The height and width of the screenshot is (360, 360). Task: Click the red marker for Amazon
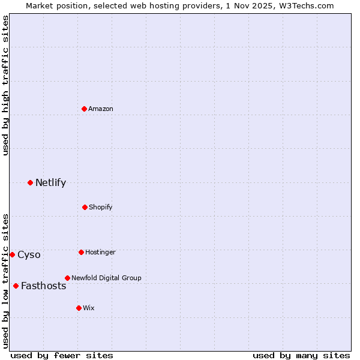[85, 109]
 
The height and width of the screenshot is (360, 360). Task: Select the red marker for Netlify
[31, 182]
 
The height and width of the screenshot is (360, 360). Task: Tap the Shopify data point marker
[85, 207]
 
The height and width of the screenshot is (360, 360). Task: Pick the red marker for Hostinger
[82, 252]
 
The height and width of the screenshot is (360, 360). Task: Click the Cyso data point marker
[12, 254]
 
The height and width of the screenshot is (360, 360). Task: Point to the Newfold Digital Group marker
[68, 278]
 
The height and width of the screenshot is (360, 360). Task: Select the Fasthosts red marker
[16, 286]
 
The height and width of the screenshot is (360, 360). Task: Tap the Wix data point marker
[79, 308]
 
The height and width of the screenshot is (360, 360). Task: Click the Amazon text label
[101, 109]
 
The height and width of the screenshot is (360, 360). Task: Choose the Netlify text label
[50, 182]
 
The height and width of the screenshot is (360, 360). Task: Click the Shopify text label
[101, 207]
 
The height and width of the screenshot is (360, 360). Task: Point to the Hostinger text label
[100, 252]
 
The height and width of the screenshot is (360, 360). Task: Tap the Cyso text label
[29, 254]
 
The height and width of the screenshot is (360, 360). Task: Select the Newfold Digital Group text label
[106, 278]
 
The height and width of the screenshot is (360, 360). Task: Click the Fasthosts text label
[43, 286]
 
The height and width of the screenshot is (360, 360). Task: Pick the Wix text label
[89, 308]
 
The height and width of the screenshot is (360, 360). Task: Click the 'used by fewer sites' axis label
[62, 355]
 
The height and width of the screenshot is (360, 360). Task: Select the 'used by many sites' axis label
[301, 355]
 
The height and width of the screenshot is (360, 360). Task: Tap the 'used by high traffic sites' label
[5, 85]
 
